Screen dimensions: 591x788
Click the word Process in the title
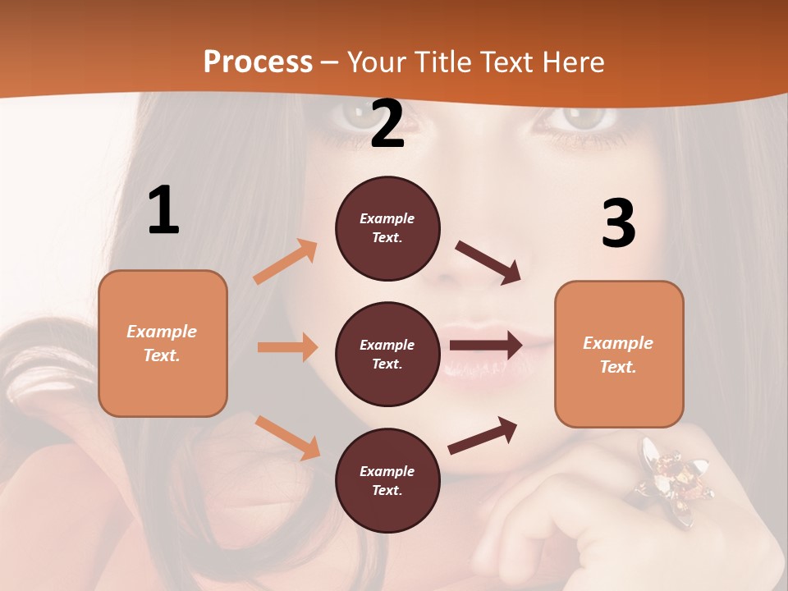tap(258, 62)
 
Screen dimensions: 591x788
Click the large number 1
tap(163, 210)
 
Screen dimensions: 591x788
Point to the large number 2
tap(387, 124)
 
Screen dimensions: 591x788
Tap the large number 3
tap(618, 223)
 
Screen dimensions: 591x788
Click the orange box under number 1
tap(163, 343)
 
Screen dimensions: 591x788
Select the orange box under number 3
tap(619, 354)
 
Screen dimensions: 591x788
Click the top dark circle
tap(387, 228)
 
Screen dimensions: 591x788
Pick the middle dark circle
tap(387, 354)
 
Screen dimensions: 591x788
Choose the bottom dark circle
tap(387, 480)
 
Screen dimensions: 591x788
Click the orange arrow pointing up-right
tap(286, 262)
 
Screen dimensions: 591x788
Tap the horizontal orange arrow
tap(287, 347)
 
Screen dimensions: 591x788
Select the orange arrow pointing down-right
tap(287, 438)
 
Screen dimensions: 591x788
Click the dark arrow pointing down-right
tap(488, 263)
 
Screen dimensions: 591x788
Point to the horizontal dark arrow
tap(485, 345)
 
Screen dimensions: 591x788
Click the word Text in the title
tap(507, 62)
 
